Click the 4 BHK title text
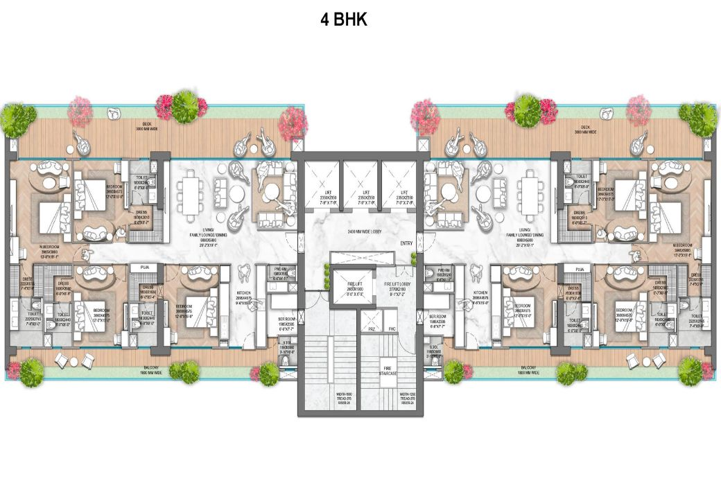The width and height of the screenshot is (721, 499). click(x=343, y=19)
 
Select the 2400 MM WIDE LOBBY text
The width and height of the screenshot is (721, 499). click(x=360, y=231)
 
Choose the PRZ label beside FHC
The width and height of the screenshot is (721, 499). click(x=372, y=329)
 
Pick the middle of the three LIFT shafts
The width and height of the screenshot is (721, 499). click(x=360, y=195)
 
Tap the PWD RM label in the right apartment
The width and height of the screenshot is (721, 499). click(x=444, y=272)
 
